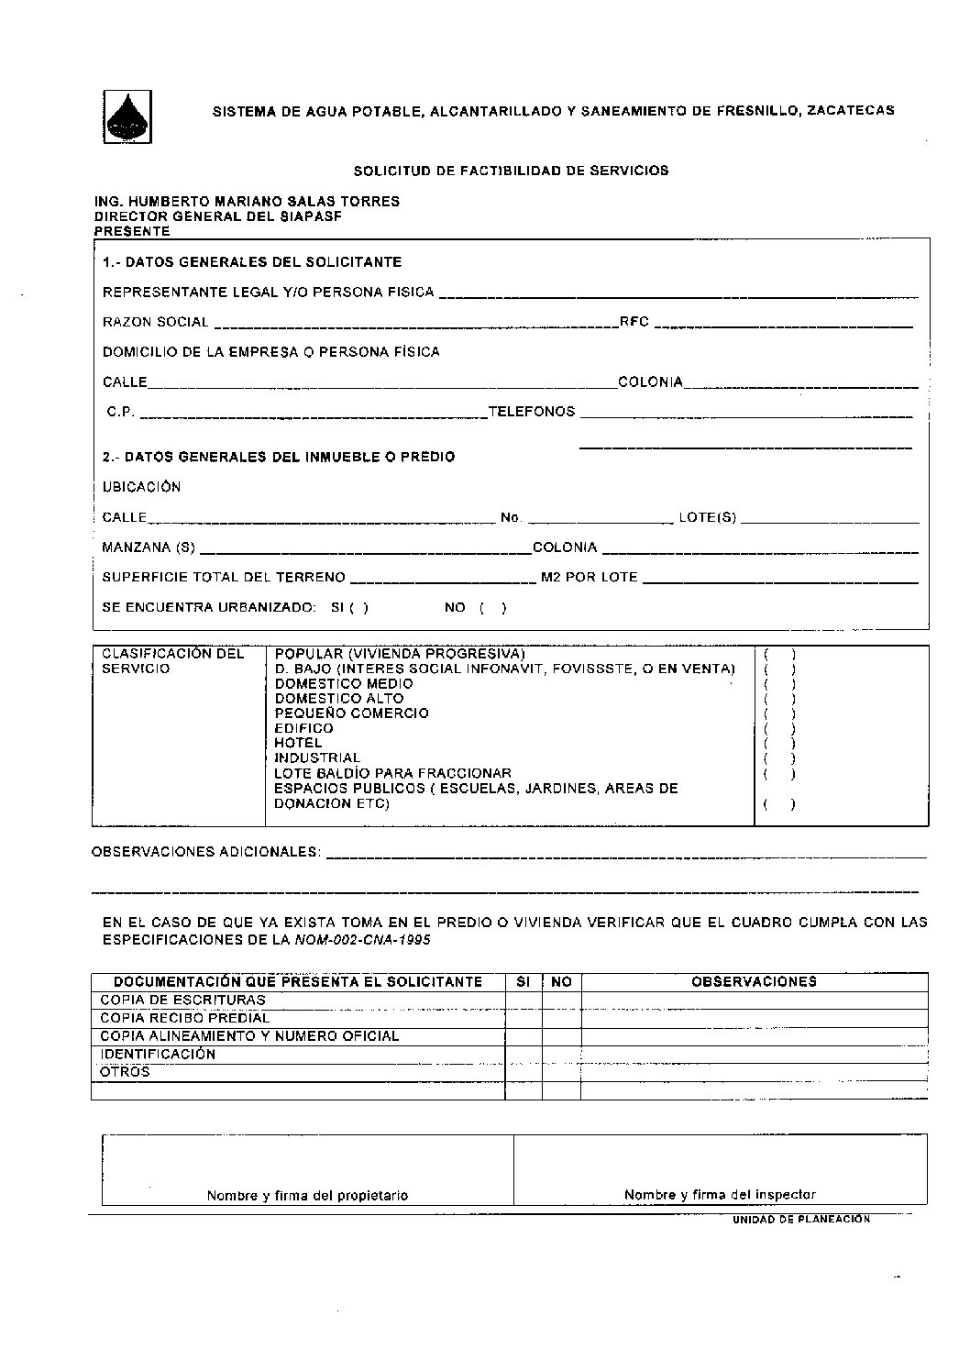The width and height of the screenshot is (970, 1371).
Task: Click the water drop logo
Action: coord(127,116)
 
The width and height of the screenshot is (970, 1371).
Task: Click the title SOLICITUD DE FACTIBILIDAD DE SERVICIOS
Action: coord(511,171)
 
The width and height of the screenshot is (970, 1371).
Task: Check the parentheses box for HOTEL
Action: coord(779,744)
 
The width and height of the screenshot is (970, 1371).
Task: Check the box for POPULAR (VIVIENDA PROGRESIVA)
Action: coord(779,655)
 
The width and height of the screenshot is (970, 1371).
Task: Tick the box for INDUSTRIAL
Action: coord(779,758)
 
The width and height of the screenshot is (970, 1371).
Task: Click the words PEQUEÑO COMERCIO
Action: coord(351,713)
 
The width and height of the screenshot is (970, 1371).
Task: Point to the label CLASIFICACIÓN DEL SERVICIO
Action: coord(173,661)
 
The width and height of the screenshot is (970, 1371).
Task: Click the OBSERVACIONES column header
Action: coord(754,981)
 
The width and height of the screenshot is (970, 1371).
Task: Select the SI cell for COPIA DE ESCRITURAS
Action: coord(524,1001)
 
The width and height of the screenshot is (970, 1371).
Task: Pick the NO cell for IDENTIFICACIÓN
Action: coord(561,1055)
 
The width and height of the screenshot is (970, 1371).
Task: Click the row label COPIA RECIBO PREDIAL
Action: coord(184,1018)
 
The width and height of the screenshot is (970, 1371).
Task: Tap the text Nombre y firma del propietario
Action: coord(307,1196)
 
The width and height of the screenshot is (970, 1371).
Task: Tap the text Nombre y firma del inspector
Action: coord(720,1195)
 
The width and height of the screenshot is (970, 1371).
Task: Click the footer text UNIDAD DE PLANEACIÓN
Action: coord(800,1220)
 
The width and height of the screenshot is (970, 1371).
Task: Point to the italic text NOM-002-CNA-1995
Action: coord(363,941)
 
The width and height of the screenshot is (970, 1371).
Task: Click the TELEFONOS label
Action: coord(532,412)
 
